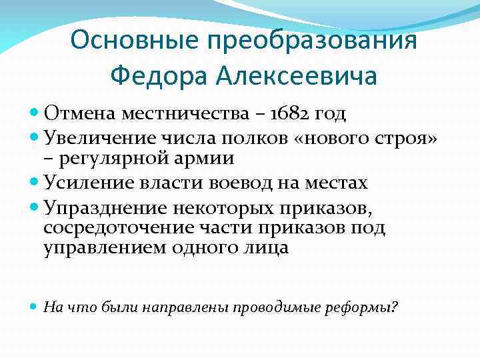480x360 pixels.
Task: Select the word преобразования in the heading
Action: pos(313,41)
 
